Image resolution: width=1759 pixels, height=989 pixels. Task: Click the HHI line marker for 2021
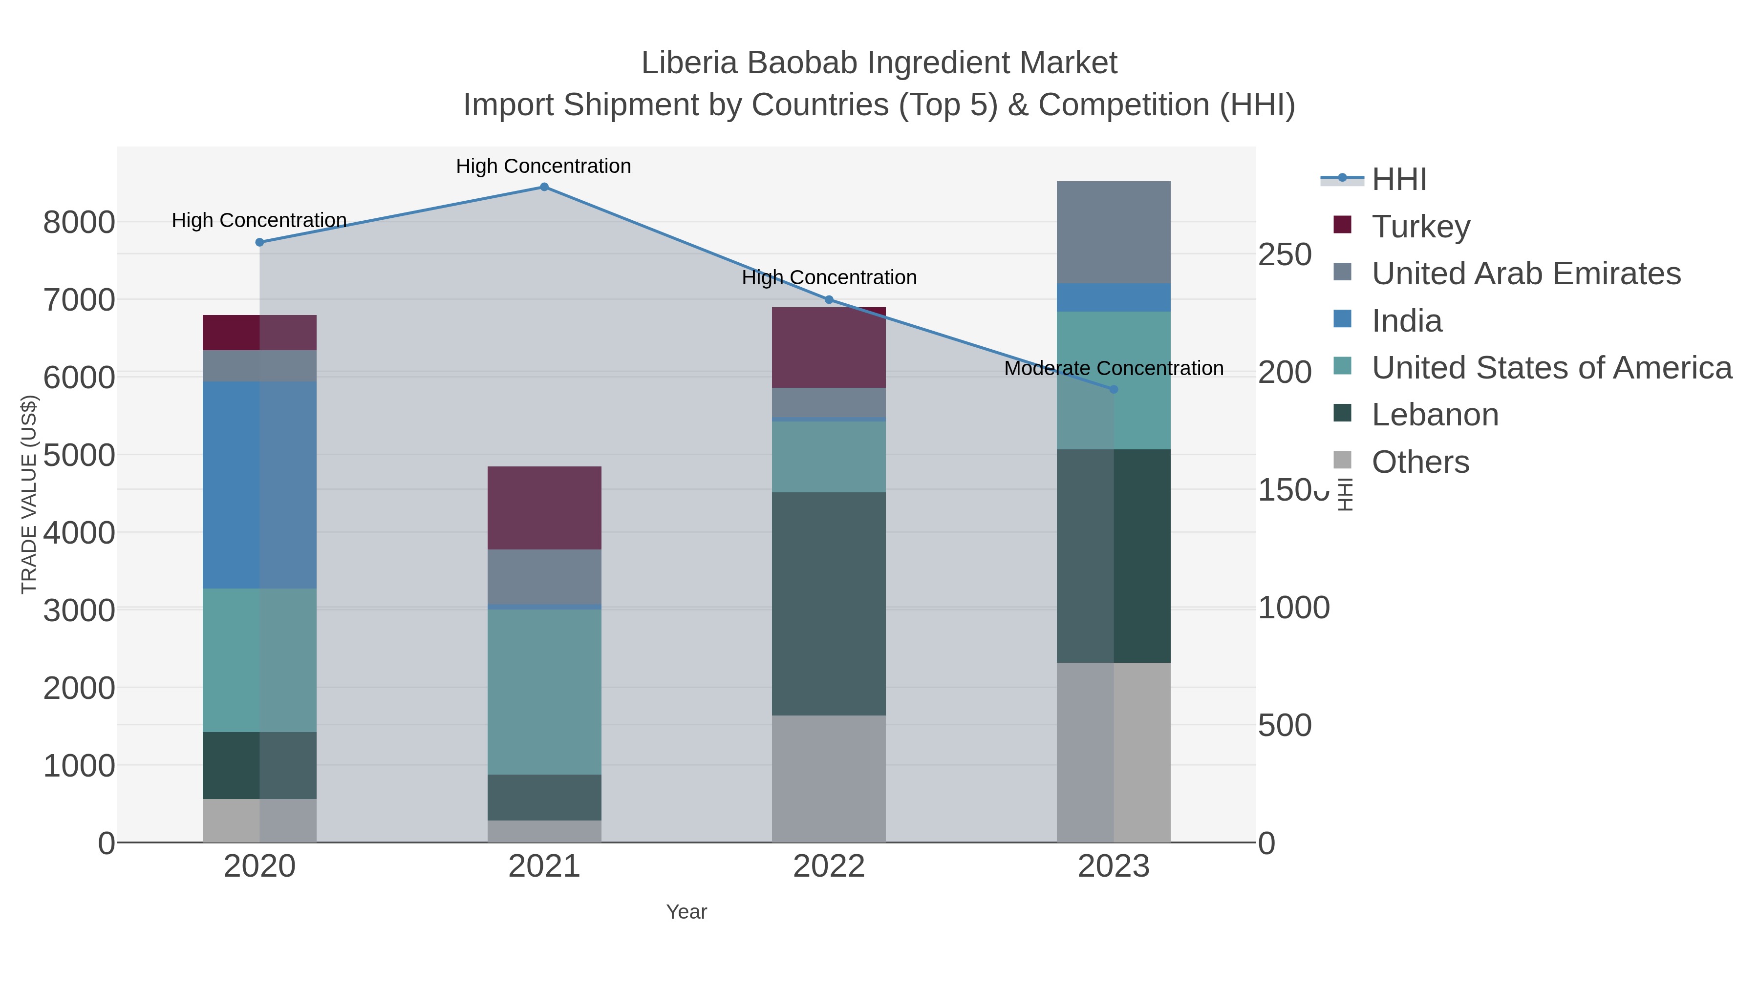coord(544,187)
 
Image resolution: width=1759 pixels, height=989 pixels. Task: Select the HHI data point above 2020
coord(259,242)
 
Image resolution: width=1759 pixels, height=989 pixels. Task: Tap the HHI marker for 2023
coord(1114,390)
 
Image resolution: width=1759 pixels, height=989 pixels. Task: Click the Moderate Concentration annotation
coord(1114,369)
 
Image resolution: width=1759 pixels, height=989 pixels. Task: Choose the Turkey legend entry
coord(1420,227)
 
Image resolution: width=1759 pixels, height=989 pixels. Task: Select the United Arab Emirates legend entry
coord(1525,274)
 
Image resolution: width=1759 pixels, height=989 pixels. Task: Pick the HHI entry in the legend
coord(1398,180)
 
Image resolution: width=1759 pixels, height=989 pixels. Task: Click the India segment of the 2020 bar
coord(259,484)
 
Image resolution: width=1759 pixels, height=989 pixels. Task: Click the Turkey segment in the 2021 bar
coord(544,508)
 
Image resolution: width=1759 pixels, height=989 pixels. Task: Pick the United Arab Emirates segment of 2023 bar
coord(1114,232)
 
